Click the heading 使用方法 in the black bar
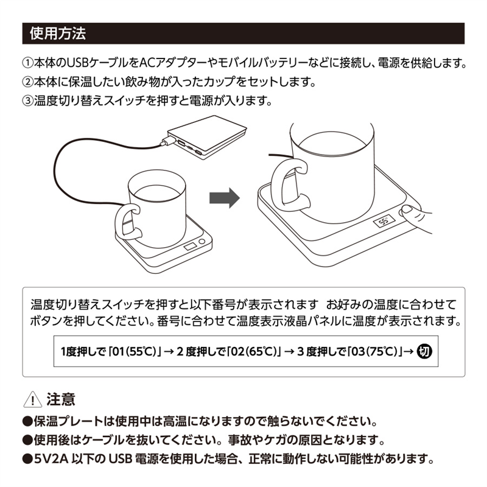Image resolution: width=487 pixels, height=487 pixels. tap(58, 33)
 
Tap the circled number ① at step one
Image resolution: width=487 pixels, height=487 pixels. tap(27, 63)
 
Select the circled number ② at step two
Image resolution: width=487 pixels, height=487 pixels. tap(27, 82)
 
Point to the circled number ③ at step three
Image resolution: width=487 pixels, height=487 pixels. tap(27, 101)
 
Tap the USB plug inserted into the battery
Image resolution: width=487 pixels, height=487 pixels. tap(167, 141)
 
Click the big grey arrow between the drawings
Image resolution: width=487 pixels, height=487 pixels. tap(225, 198)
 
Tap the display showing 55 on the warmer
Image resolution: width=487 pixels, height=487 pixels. tap(384, 222)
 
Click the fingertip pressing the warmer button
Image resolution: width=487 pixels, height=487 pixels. tap(407, 211)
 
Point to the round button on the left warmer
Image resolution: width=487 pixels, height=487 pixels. tap(202, 241)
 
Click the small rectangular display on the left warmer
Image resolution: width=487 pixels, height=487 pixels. tap(190, 247)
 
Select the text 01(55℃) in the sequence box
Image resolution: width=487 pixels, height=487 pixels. tap(134, 352)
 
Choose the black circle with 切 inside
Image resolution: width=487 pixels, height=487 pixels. tap(424, 352)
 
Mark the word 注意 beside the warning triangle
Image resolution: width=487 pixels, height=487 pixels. tap(61, 399)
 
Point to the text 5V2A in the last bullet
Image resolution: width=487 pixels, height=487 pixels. tap(51, 459)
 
